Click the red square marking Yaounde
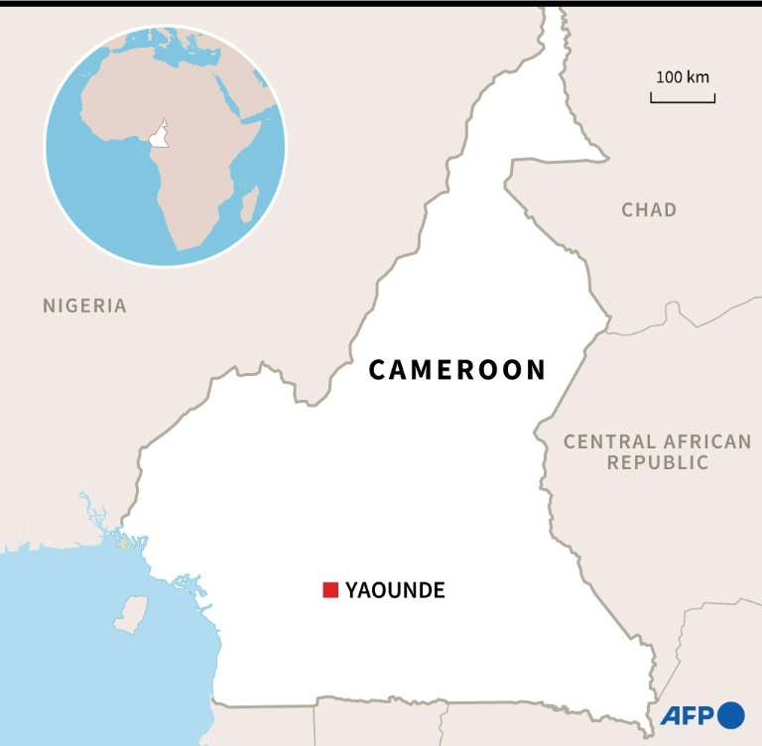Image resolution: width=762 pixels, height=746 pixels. (x=330, y=590)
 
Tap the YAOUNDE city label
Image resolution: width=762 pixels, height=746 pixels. (x=395, y=591)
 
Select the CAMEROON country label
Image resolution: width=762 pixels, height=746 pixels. (x=457, y=370)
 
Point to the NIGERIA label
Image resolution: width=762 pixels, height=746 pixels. (x=84, y=306)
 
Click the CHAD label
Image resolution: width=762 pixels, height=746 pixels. (x=649, y=209)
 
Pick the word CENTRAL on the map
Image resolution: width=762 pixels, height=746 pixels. (x=610, y=441)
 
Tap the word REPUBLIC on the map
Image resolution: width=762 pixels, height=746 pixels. (x=658, y=462)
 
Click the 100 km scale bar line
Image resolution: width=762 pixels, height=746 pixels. (x=683, y=99)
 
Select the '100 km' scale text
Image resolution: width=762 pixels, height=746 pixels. (x=683, y=76)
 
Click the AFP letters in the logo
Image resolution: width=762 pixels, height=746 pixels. (x=688, y=716)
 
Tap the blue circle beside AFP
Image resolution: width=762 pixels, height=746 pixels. (x=731, y=715)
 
